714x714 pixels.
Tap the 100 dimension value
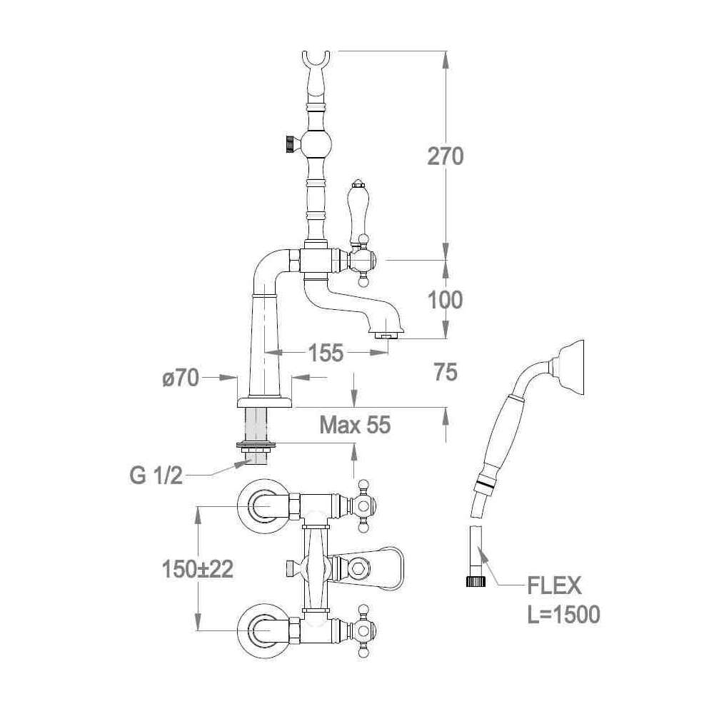(446, 300)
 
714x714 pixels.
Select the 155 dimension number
(326, 352)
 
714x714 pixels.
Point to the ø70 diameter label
(180, 378)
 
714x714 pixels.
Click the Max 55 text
(355, 426)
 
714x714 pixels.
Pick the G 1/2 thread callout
(156, 475)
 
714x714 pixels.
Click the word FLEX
(554, 587)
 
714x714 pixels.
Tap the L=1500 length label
(563, 614)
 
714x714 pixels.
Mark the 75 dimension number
(446, 372)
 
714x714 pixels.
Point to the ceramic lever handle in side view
(357, 212)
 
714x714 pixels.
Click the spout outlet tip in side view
(386, 333)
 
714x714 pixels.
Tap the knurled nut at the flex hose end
(476, 580)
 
